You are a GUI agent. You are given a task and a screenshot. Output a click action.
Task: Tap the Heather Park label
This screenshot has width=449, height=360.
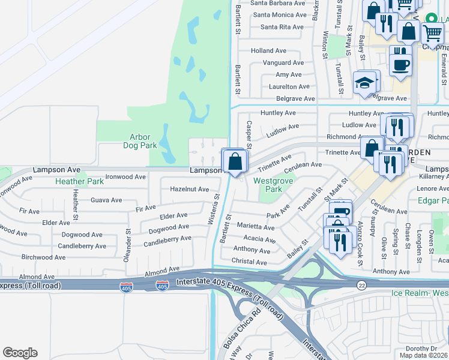click(79, 181)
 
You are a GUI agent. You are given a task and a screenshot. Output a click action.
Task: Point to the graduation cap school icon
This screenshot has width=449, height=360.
click(364, 83)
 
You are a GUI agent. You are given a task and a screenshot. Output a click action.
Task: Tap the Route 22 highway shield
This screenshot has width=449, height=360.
click(361, 284)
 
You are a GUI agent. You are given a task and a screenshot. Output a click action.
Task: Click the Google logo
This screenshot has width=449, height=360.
click(20, 353)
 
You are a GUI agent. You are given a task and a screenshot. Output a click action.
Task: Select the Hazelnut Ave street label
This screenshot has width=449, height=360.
click(189, 189)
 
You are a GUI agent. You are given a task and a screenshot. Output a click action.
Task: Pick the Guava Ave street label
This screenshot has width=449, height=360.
click(106, 200)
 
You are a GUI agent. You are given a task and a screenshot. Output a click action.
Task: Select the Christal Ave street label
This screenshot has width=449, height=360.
click(249, 262)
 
